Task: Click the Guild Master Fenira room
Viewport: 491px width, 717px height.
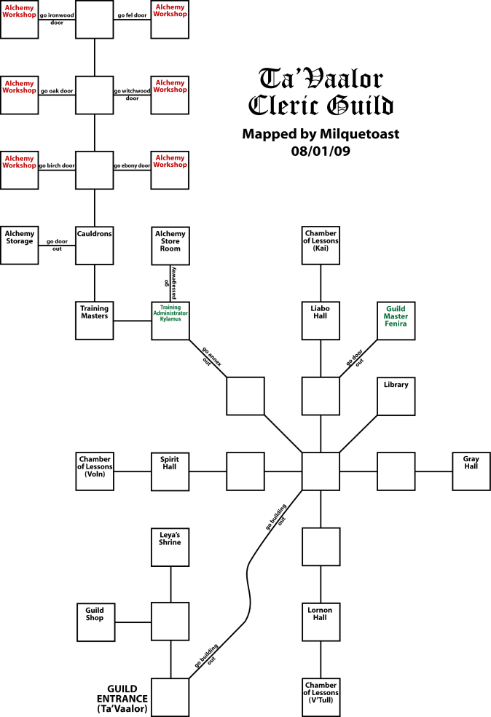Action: tap(396, 321)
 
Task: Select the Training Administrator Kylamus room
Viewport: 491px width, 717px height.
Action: tap(170, 321)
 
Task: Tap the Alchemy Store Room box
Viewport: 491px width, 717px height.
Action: tap(170, 245)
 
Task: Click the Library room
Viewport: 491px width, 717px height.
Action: tap(396, 396)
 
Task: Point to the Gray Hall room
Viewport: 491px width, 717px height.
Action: tap(471, 471)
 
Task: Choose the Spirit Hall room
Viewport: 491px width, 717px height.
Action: tap(170, 471)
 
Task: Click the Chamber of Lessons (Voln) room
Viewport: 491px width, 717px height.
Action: tap(95, 471)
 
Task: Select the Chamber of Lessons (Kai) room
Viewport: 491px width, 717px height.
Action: tap(321, 245)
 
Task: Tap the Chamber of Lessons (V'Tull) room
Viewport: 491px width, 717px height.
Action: tap(321, 697)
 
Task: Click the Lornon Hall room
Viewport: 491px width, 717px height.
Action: tap(321, 622)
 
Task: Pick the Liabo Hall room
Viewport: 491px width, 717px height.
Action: tap(321, 321)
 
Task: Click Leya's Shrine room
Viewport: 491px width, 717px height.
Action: tap(170, 546)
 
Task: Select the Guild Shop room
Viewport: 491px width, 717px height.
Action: tap(95, 622)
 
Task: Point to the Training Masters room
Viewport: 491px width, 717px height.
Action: tap(95, 321)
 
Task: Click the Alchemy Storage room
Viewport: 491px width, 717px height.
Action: tap(20, 245)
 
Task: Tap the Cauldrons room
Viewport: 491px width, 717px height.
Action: tap(95, 245)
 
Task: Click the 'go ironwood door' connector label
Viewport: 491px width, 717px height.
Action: tap(57, 18)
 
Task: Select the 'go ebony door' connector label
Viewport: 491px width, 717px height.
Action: tap(132, 165)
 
